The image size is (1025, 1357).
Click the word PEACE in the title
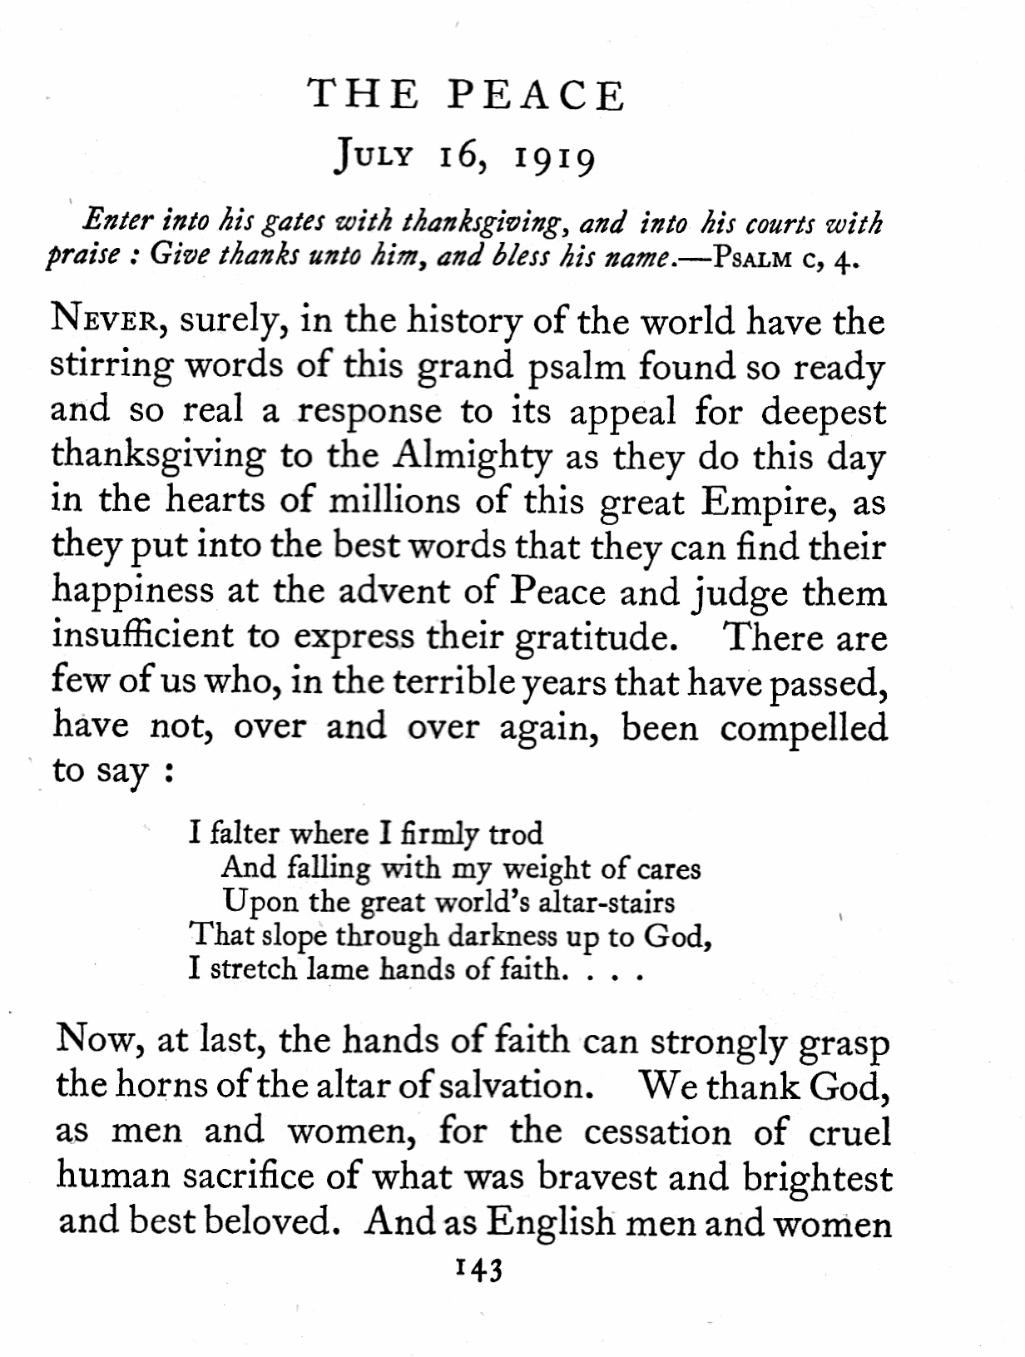(x=537, y=96)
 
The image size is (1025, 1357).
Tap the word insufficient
(x=142, y=636)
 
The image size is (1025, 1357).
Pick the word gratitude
(x=592, y=637)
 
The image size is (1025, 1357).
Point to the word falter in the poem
(x=241, y=833)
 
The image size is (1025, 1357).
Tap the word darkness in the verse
(x=503, y=936)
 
